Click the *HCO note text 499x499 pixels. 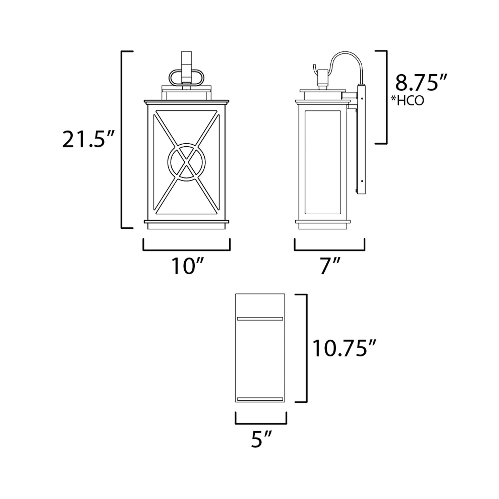click(407, 101)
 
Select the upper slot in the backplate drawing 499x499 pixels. click(260, 318)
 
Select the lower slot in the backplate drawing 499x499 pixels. click(260, 399)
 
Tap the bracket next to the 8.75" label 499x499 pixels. click(386, 97)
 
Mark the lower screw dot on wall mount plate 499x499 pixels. click(362, 181)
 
